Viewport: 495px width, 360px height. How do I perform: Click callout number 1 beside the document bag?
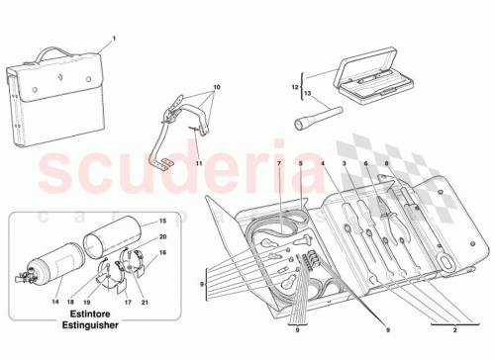tap(114, 39)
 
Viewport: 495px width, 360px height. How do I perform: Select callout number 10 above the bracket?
tap(218, 87)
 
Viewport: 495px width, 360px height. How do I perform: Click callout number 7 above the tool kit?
tap(280, 162)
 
